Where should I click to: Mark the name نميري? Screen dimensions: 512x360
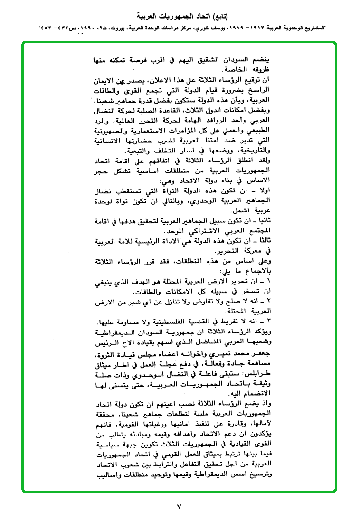coord(207,354)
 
